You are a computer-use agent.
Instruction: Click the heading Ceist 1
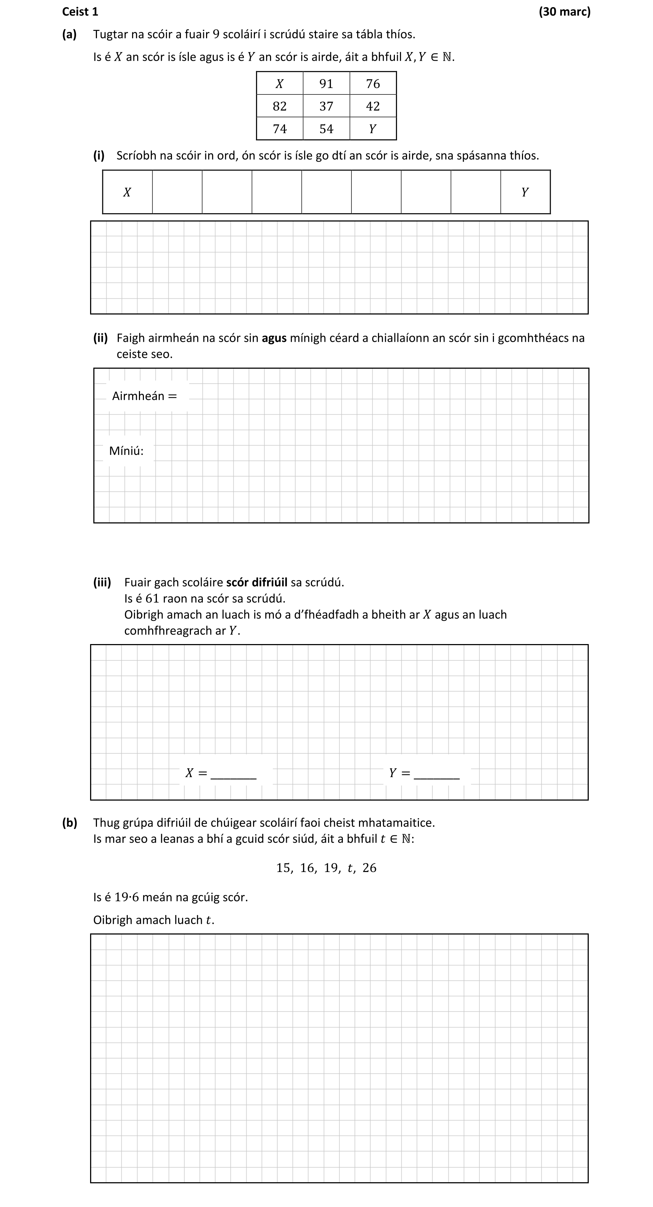coord(80,12)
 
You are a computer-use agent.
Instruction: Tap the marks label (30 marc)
coord(564,12)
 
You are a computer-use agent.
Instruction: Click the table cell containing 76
coord(373,83)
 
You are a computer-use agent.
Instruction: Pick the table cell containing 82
coord(280,106)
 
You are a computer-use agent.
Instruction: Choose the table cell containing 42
coord(373,106)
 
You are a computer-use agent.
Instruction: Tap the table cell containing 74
coord(280,129)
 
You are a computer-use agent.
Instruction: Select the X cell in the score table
coord(280,83)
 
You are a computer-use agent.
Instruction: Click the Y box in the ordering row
coord(525,192)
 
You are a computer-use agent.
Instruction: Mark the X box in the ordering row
coord(127,192)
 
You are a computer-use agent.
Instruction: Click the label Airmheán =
coord(144,396)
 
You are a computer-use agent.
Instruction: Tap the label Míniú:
coord(126,451)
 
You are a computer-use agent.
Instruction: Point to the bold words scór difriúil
coord(257,582)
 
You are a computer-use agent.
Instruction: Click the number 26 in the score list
coord(369,868)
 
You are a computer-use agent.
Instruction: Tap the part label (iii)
coord(102,582)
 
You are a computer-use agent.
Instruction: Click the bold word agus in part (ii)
coord(274,338)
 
